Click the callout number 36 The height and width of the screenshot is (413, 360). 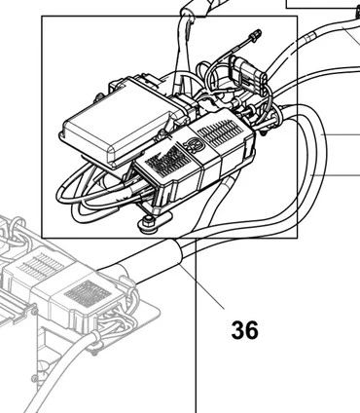(245, 330)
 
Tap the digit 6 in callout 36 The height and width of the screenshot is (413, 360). (252, 330)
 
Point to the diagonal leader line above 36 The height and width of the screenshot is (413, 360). (201, 286)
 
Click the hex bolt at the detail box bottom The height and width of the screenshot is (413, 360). (148, 224)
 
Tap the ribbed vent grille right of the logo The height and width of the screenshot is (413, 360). (220, 132)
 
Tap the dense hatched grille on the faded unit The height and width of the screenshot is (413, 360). (88, 294)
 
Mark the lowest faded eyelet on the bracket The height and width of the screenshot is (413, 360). (35, 379)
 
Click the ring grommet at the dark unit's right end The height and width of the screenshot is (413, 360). (275, 116)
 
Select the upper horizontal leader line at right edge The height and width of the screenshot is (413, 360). (341, 134)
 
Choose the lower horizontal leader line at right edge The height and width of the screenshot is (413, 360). (336, 175)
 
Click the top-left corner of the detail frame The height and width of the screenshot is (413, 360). (42, 16)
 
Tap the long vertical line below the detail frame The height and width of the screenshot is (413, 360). (196, 325)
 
